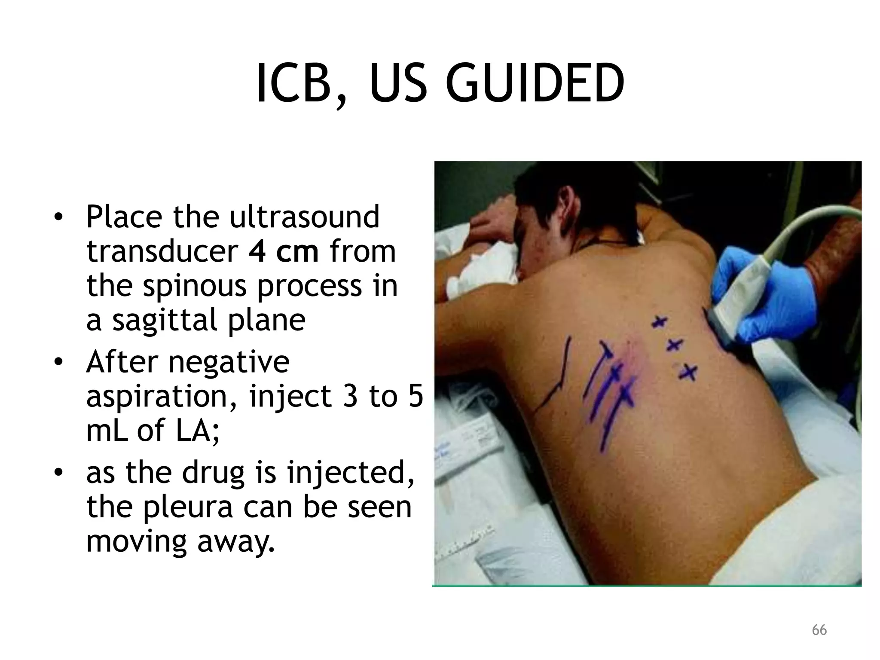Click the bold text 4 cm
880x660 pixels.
click(x=283, y=251)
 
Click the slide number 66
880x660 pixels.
click(x=819, y=630)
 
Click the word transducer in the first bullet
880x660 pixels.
click(x=162, y=251)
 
